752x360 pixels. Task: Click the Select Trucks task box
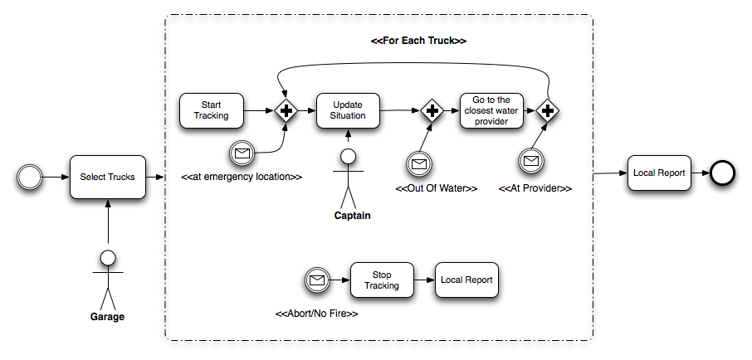[107, 177]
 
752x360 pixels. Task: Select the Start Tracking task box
[211, 110]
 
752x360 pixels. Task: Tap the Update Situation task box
[348, 110]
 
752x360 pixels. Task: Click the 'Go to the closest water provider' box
[491, 110]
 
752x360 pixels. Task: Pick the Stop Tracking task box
[381, 280]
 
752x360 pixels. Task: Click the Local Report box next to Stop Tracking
[466, 280]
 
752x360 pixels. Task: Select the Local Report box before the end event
[659, 173]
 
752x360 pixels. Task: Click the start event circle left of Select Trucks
[29, 177]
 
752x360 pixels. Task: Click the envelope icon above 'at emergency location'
[242, 153]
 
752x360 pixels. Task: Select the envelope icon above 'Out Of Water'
[419, 163]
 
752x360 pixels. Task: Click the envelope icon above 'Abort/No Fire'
[316, 280]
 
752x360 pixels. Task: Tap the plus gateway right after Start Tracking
[286, 110]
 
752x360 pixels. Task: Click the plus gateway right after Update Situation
[432, 110]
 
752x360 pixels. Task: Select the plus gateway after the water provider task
[547, 110]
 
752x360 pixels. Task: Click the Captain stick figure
[349, 178]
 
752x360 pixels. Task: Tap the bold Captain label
[351, 216]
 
